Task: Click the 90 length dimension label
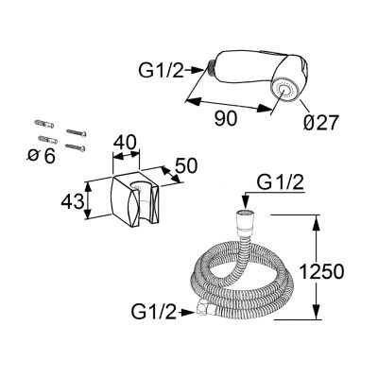tap(225, 119)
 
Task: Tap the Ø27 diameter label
tap(321, 123)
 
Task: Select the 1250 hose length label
tap(321, 271)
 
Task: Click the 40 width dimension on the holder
tap(126, 142)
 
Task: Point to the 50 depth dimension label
tap(186, 165)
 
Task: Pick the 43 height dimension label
tap(73, 201)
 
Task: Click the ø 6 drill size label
tap(42, 156)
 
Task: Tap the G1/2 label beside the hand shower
tap(161, 71)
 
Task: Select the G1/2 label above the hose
tap(281, 182)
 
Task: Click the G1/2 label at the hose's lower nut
tap(154, 312)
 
